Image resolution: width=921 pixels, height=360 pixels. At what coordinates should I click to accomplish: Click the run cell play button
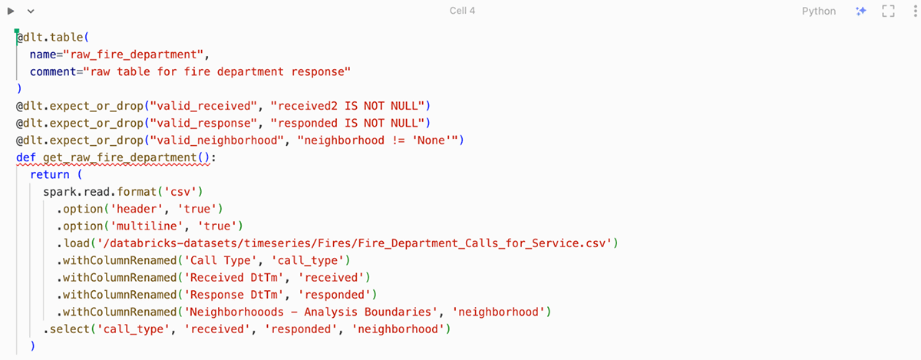[x=12, y=12]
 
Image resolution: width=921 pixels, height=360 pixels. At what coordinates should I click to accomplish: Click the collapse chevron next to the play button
[x=31, y=12]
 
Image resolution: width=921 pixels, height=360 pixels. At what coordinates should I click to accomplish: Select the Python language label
[x=819, y=12]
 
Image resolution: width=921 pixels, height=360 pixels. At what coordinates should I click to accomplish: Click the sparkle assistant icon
[x=861, y=12]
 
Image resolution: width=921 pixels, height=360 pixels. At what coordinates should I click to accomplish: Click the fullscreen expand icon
[x=889, y=12]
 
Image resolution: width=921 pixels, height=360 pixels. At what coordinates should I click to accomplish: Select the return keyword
[x=50, y=175]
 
